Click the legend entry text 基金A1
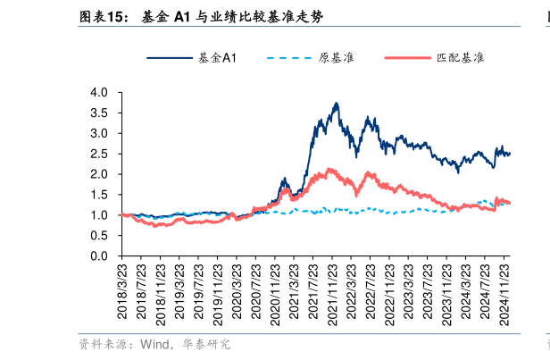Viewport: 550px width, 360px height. tap(216, 58)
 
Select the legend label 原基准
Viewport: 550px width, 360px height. tap(337, 58)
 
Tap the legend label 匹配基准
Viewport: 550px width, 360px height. tap(460, 58)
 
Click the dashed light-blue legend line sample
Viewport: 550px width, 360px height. tap(288, 58)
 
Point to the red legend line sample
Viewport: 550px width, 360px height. tap(406, 58)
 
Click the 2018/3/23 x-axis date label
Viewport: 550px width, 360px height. tap(123, 295)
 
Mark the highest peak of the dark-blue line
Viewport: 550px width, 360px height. tap(336, 104)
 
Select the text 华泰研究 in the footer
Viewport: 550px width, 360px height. tap(206, 344)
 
